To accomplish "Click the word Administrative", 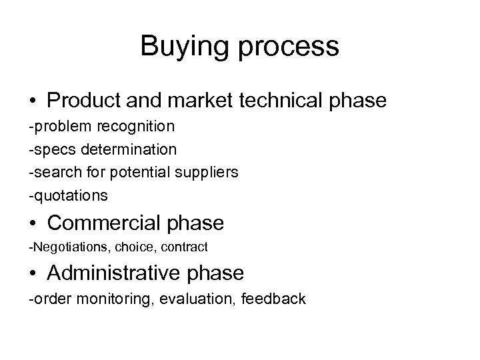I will (128, 273).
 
